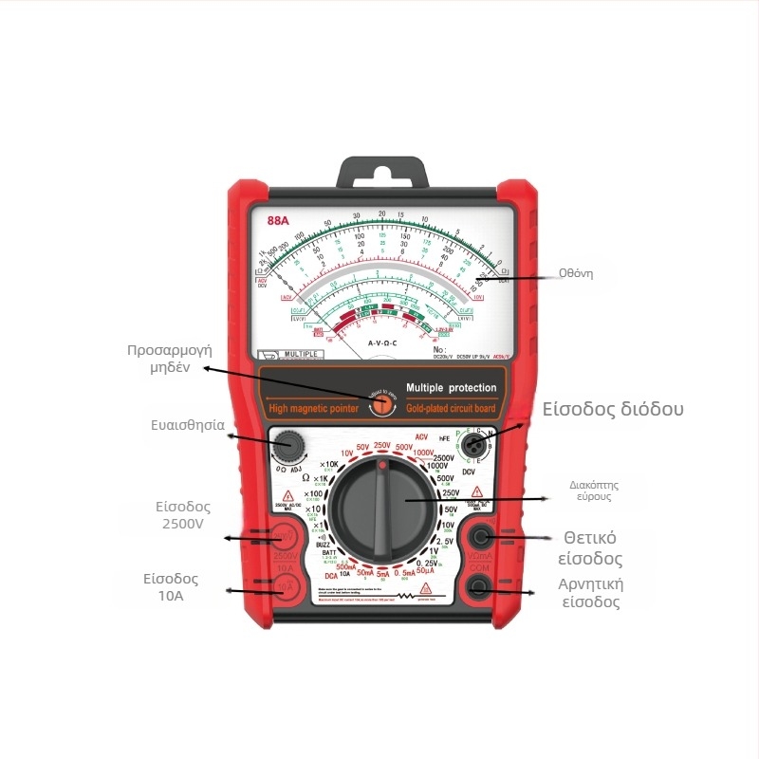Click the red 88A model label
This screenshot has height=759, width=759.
pyautogui.click(x=277, y=220)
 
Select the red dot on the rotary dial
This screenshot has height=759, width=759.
pyautogui.click(x=382, y=467)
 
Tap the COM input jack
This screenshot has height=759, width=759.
pyautogui.click(x=479, y=587)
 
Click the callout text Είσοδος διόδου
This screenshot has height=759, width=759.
pyautogui.click(x=613, y=409)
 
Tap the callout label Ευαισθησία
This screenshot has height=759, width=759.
pyautogui.click(x=186, y=425)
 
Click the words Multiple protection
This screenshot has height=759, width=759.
pyautogui.click(x=451, y=388)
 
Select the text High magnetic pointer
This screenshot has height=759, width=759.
pyautogui.click(x=314, y=409)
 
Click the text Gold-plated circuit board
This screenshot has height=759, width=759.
pyautogui.click(x=451, y=408)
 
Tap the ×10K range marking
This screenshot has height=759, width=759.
pyautogui.click(x=329, y=464)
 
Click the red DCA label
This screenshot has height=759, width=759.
pyautogui.click(x=330, y=575)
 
